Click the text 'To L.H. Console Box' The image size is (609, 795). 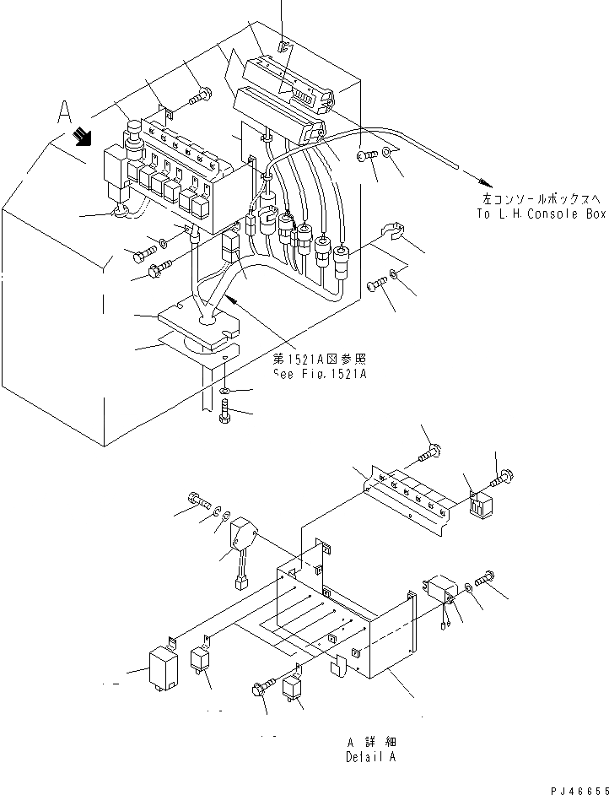(541, 214)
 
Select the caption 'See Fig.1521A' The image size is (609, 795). (320, 373)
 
